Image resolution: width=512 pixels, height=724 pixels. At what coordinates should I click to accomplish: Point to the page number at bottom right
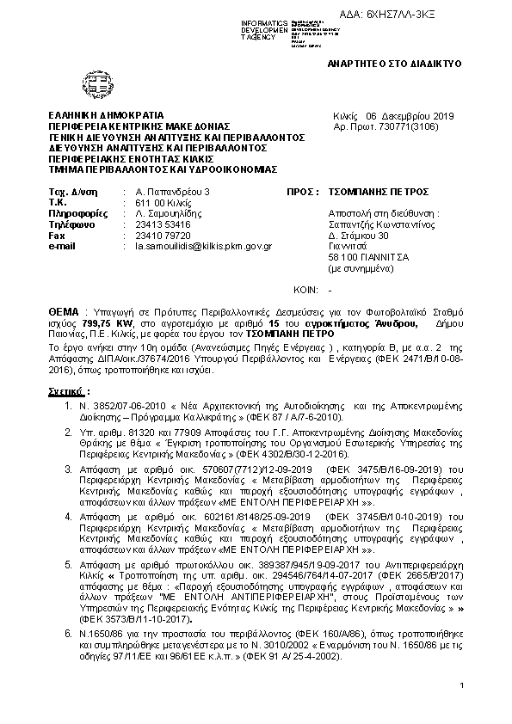pyautogui.click(x=462, y=684)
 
